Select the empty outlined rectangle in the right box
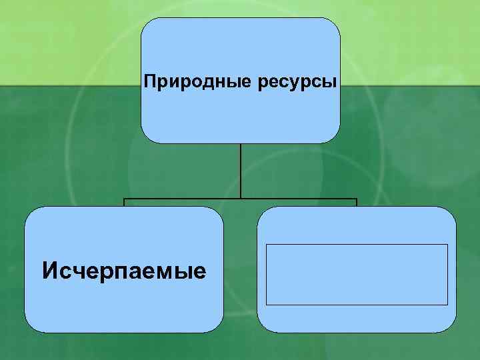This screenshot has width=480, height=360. click(357, 274)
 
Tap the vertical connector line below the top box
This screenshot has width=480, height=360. click(241, 170)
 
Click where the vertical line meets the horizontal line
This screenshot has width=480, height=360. click(241, 199)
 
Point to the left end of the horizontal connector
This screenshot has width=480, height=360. click(125, 199)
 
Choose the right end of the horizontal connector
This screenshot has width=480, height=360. click(357, 199)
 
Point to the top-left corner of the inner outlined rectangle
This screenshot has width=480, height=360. click(267, 244)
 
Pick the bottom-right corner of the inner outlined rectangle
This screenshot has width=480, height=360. click(447, 305)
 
